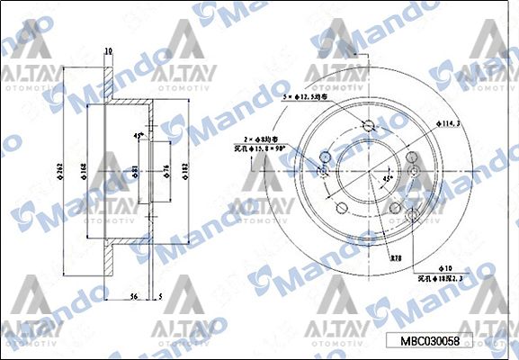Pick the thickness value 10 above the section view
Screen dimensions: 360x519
[108, 51]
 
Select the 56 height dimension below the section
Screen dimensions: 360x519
[132, 294]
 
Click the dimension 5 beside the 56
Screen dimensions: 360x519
[160, 294]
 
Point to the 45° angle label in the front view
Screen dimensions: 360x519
[389, 179]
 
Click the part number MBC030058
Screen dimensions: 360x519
[429, 341]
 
